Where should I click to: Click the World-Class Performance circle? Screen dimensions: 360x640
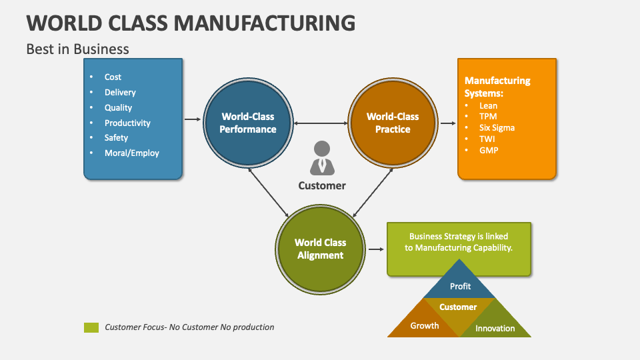(248, 123)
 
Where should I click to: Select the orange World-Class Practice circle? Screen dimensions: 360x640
(393, 123)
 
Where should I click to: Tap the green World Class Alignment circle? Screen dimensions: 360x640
(320, 249)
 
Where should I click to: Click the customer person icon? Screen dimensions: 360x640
(322, 157)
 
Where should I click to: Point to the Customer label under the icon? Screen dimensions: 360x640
(322, 185)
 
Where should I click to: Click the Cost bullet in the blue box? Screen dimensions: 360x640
(113, 77)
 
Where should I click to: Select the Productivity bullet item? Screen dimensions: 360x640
(127, 123)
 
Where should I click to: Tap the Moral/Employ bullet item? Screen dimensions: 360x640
(131, 153)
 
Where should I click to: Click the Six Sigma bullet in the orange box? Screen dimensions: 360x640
(497, 127)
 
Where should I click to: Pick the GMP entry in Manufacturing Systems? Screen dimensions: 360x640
(489, 150)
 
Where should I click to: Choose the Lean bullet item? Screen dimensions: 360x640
(488, 105)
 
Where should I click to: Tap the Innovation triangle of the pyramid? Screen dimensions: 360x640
(495, 327)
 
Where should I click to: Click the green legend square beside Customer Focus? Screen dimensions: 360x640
(91, 327)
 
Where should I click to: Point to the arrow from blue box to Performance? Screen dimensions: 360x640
(193, 119)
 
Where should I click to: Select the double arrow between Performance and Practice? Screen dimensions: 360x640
(321, 123)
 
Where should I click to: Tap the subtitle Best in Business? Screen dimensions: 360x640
(77, 49)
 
